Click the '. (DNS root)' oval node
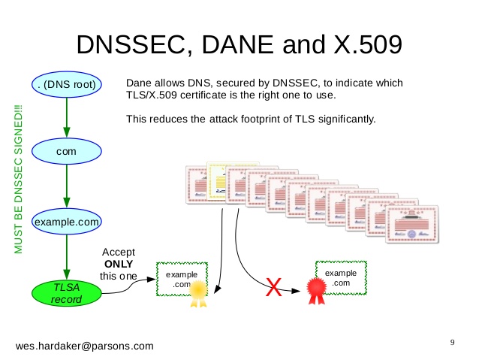click(x=67, y=84)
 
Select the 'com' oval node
click(x=67, y=151)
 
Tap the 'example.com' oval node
click(x=67, y=222)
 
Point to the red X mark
click(x=275, y=287)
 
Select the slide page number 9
click(x=452, y=343)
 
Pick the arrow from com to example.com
click(x=67, y=187)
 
